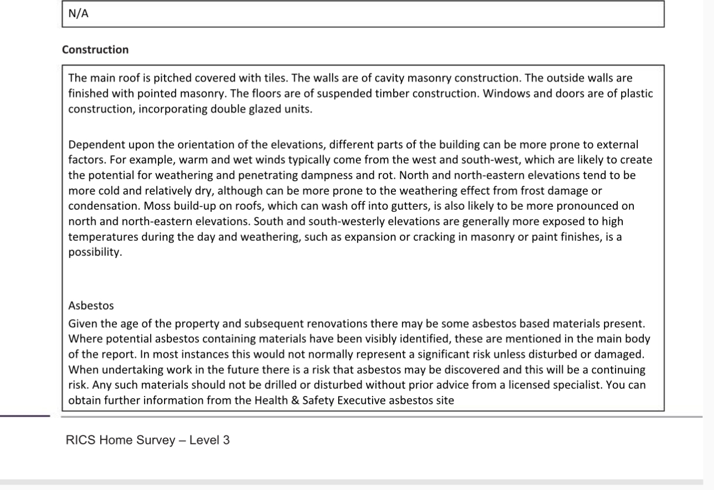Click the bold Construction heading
[95, 50]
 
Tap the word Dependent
[93, 145]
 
